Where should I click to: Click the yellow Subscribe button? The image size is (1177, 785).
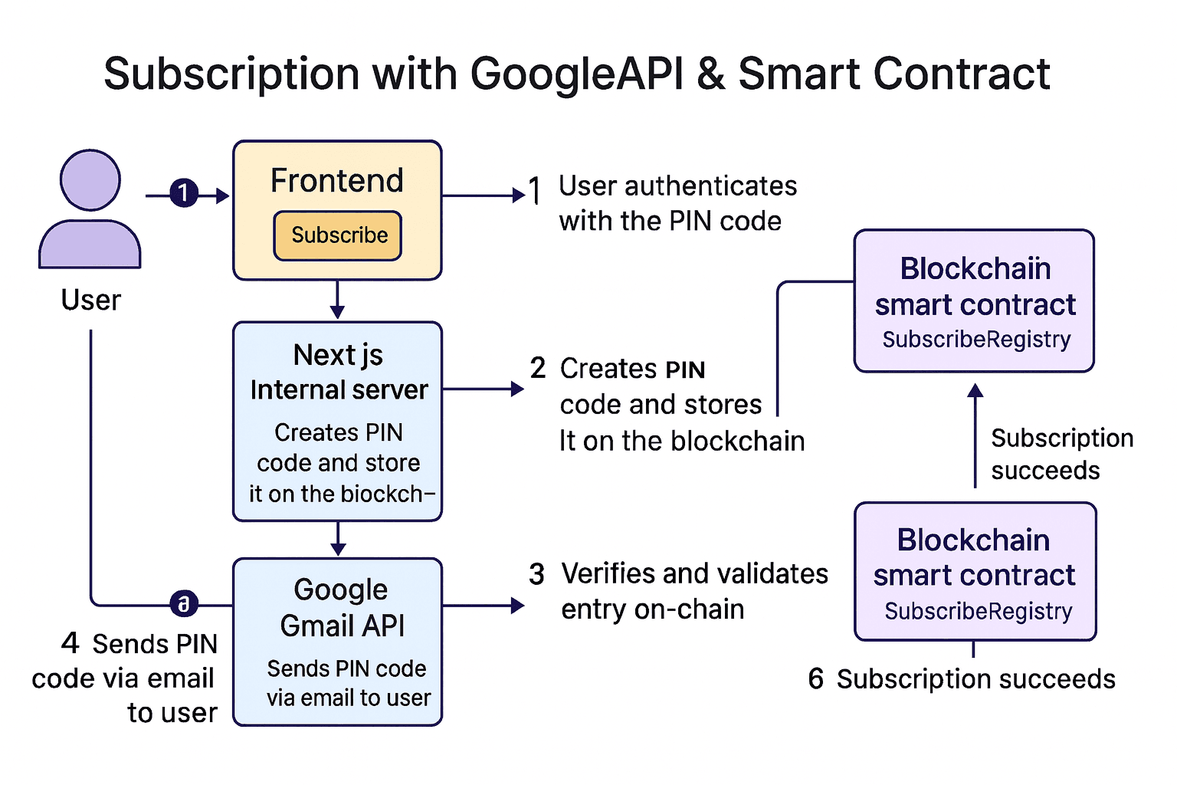pos(338,235)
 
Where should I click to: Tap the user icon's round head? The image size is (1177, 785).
pos(90,180)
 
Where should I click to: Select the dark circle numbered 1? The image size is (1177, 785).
pos(183,192)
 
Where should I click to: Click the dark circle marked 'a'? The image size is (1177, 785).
pos(184,604)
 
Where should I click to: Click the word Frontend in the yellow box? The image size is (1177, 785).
pos(337,181)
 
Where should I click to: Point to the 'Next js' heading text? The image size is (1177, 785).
pos(338,355)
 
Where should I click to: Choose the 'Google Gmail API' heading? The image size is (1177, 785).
pos(342,607)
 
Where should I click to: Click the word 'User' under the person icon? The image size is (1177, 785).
pos(90,300)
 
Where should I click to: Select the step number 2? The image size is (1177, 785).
pos(538,368)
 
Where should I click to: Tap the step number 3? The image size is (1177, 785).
pos(536,573)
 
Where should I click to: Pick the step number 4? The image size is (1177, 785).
pos(70,642)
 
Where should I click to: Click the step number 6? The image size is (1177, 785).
pos(815,678)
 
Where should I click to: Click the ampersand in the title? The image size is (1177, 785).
pos(711,74)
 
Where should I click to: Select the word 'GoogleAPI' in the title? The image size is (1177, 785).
pos(576,74)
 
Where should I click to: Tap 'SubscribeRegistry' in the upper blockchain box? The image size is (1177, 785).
pos(976,339)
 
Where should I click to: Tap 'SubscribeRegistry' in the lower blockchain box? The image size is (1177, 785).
pos(978,611)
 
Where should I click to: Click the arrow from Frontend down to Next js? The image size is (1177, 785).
pos(337,300)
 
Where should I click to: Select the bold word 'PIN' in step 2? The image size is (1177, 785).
pos(685,370)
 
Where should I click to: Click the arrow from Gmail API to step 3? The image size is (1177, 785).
pos(483,606)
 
